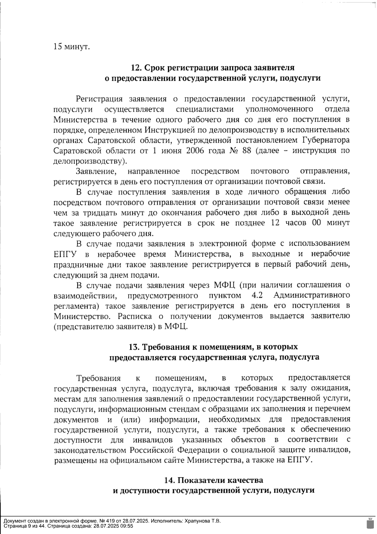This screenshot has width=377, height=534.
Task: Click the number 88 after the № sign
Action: (247, 151)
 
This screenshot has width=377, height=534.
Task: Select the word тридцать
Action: (100, 213)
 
